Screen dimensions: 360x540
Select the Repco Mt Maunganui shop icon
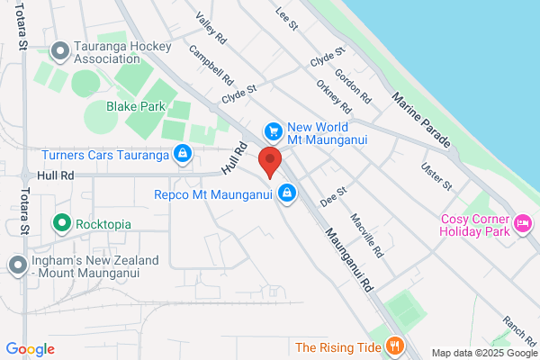click(287, 193)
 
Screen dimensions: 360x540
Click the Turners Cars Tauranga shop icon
click(184, 155)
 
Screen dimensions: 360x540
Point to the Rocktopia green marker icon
click(62, 221)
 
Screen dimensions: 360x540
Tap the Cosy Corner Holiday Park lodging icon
click(523, 221)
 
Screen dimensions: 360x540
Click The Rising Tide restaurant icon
click(394, 346)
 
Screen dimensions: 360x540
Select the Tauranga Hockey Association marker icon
click(60, 50)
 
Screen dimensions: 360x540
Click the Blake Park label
click(136, 106)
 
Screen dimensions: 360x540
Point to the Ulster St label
click(436, 176)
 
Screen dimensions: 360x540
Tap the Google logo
click(30, 349)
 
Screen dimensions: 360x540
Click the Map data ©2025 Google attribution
click(482, 352)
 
